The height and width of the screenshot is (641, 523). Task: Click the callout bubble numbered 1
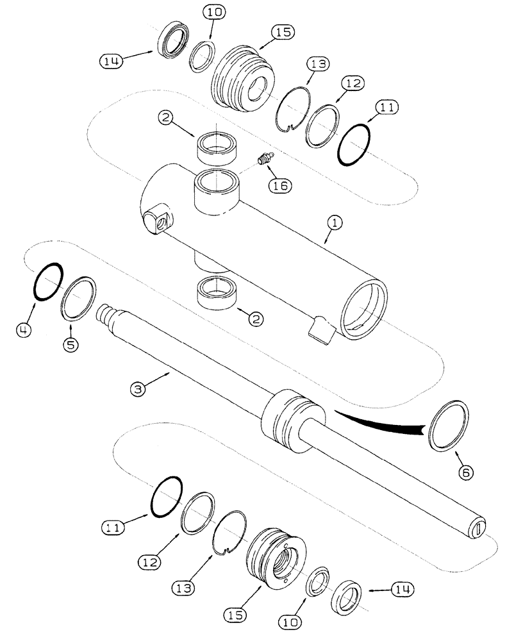pos(336,223)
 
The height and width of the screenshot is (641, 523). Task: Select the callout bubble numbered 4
pos(24,331)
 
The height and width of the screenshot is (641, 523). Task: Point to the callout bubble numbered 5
pos(71,345)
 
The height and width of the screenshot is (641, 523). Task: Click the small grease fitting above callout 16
pos(262,158)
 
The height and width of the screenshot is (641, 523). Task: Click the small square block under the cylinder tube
pos(321,330)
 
